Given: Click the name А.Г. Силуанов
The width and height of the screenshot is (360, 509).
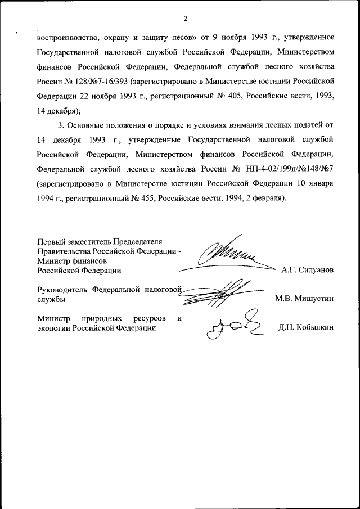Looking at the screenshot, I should [x=307, y=270].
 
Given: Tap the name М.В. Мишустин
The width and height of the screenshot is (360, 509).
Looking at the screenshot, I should [x=304, y=299].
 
